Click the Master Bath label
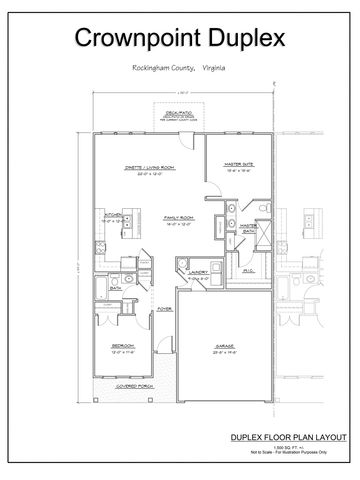click(x=251, y=227)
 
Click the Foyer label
click(x=164, y=309)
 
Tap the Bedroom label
click(x=123, y=346)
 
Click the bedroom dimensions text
click(x=123, y=352)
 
